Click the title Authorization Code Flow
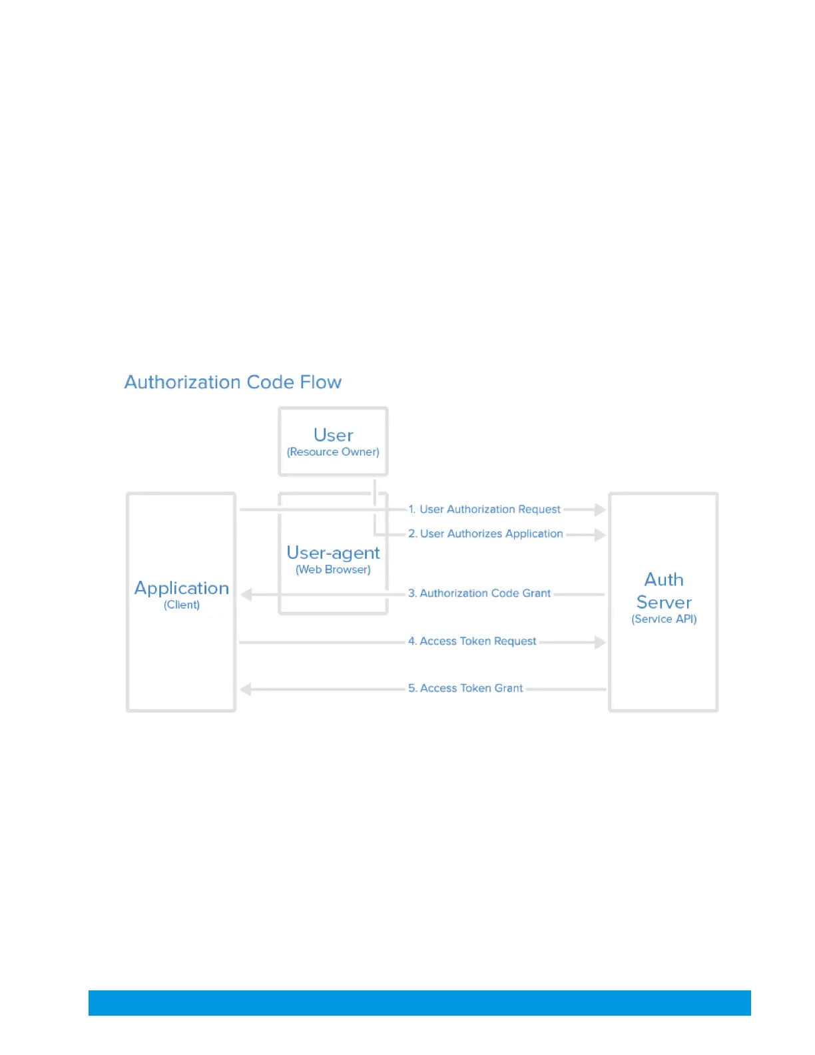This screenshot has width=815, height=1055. pos(232,382)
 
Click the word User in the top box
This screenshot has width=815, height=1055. pos(333,436)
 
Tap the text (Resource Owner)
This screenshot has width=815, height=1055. pos(333,452)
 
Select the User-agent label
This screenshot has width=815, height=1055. pos(333,553)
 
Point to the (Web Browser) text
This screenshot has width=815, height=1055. pos(333,569)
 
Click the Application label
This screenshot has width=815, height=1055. pos(182,588)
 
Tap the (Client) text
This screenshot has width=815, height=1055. pos(182,605)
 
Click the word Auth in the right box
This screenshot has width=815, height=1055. pos(664,579)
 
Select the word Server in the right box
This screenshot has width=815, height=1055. pos(664,602)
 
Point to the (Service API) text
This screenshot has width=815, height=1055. pos(664,619)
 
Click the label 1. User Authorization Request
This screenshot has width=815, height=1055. pos(485,510)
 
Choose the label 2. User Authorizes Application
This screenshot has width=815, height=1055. pos(485,534)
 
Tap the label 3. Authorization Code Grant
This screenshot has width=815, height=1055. pos(479,593)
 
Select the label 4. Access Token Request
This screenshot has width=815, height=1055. pos(472,641)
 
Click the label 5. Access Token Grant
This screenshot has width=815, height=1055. pos(465,689)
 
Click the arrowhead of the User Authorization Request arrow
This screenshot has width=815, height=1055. pos(600,510)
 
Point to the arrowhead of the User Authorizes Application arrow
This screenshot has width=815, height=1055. pos(600,535)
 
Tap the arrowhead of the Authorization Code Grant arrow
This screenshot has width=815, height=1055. pos(246,594)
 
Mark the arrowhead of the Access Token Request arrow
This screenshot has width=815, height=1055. pos(600,642)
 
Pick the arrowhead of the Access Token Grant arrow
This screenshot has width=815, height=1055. pos(246,689)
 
